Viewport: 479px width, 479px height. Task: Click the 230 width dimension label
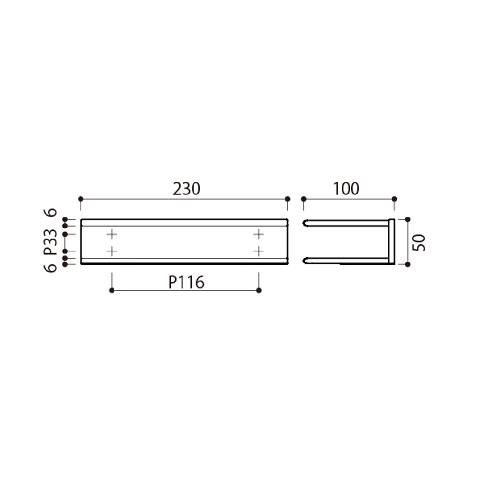[186, 189]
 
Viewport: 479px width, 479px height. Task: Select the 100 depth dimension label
[346, 189]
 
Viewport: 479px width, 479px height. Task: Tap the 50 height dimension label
[419, 243]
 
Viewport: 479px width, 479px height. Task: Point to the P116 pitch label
[186, 283]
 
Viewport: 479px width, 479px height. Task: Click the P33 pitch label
[50, 242]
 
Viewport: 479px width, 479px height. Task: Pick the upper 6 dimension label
[50, 212]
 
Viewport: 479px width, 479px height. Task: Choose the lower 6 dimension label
[50, 268]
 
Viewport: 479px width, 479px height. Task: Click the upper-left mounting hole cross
[112, 234]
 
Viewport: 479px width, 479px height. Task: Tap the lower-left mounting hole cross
[112, 251]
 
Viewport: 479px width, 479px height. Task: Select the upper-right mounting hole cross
[259, 234]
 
